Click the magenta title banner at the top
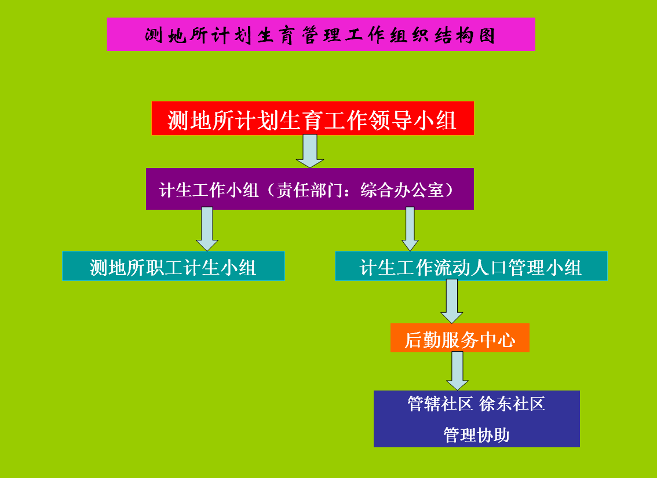click(x=321, y=34)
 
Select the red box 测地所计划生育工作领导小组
click(x=313, y=118)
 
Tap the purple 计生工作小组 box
click(x=309, y=189)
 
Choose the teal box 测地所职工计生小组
click(x=173, y=266)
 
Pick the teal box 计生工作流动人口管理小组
click(x=471, y=266)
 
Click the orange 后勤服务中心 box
click(x=459, y=338)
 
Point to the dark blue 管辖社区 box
click(x=476, y=419)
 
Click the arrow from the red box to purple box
click(x=309, y=151)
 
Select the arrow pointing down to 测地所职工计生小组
click(x=207, y=229)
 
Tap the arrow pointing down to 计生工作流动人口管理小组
click(x=410, y=229)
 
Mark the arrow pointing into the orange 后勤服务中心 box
click(x=452, y=301)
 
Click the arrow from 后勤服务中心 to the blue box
click(x=457, y=371)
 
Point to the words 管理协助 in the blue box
click(x=476, y=435)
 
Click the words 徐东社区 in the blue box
click(x=512, y=404)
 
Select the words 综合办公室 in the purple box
click(x=402, y=190)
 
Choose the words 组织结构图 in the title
click(x=443, y=35)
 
